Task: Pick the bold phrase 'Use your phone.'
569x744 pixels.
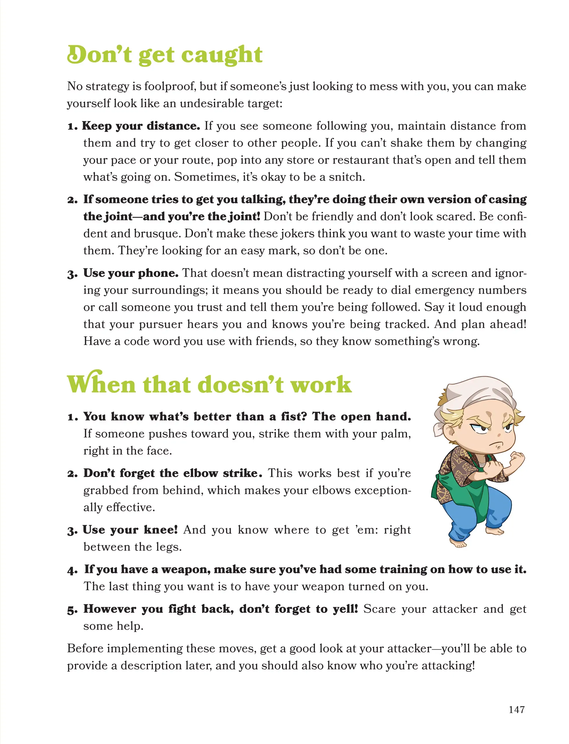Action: coord(131,273)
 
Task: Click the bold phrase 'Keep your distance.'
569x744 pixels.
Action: coord(141,126)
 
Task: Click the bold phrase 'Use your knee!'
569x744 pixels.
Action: coord(130,530)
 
